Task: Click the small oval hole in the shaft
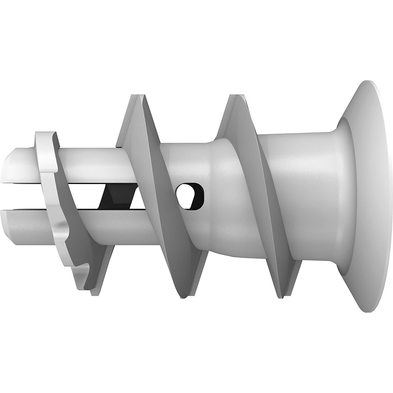click(189, 196)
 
